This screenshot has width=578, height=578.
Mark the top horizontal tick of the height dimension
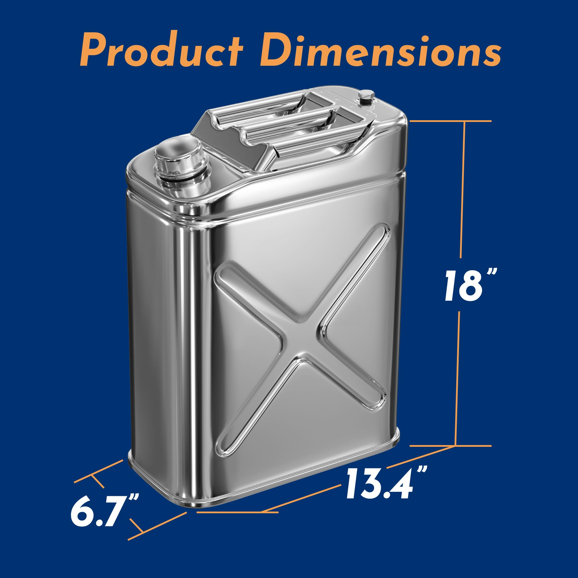click(x=450, y=121)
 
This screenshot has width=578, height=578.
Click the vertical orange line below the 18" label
click(x=458, y=383)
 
